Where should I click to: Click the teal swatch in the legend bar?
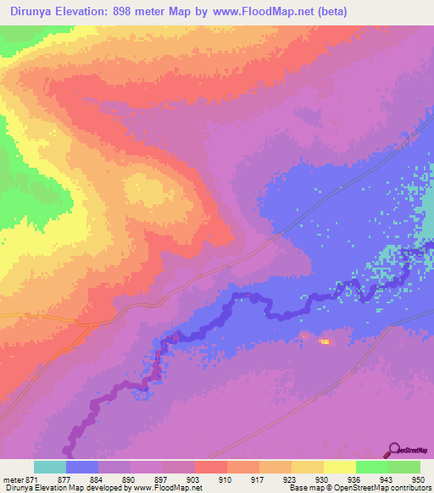[x=50, y=467]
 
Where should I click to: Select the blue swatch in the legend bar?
[x=82, y=467]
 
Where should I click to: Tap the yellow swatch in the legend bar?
[x=340, y=467]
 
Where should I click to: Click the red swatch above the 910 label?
[x=210, y=467]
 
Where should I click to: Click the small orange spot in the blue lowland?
[x=324, y=341]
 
